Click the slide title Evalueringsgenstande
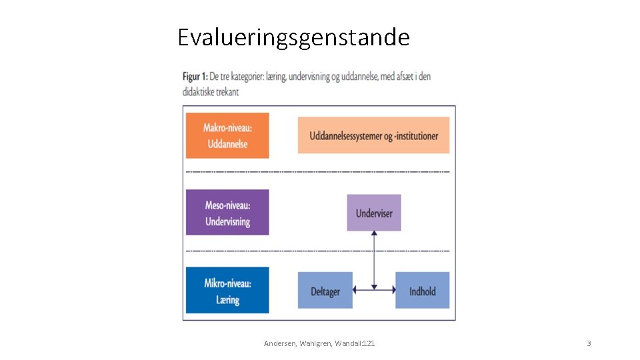click(x=293, y=37)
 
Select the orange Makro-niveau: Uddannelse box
click(x=227, y=135)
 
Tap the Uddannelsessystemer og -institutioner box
click(x=373, y=135)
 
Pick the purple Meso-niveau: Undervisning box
click(x=227, y=212)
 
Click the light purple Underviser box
click(x=374, y=213)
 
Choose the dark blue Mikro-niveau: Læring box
click(x=227, y=290)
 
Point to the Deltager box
click(x=325, y=290)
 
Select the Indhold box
click(x=422, y=290)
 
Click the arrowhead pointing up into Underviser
click(x=374, y=234)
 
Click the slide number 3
click(x=589, y=343)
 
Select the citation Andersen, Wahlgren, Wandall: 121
click(x=319, y=343)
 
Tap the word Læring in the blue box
click(x=227, y=301)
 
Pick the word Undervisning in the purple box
click(x=227, y=222)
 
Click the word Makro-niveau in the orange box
click(x=227, y=128)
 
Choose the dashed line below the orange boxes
click(x=318, y=172)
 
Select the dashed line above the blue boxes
click(x=318, y=251)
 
